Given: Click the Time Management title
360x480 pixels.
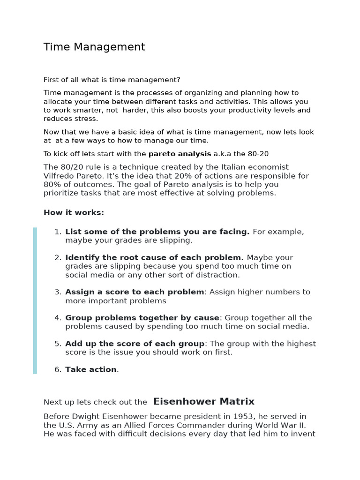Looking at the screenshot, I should click(94, 47).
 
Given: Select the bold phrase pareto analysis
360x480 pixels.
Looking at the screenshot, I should click(180, 154).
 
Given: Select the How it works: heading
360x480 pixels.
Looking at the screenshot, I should click(74, 212).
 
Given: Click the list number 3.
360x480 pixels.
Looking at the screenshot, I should click(58, 292).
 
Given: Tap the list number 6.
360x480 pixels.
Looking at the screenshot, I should click(58, 369).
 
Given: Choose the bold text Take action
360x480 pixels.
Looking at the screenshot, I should click(91, 369).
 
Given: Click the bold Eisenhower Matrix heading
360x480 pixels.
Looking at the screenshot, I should click(204, 402).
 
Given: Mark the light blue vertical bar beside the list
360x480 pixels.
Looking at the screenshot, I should click(35, 300).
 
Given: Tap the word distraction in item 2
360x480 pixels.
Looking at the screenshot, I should click(219, 275).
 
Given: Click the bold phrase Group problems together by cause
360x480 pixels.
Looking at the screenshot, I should click(142, 318).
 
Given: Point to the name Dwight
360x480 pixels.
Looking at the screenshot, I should click(85, 416).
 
